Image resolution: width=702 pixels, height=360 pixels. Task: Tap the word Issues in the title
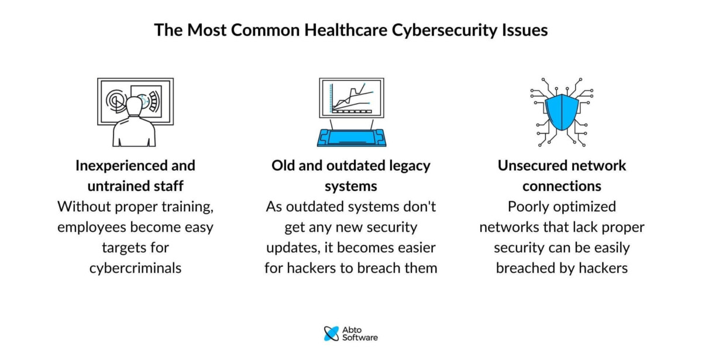[x=525, y=30]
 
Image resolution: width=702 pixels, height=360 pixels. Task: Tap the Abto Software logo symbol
[x=331, y=333]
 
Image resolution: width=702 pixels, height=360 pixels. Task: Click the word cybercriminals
[x=135, y=268]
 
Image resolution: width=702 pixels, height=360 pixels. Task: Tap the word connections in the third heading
[x=562, y=186]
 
